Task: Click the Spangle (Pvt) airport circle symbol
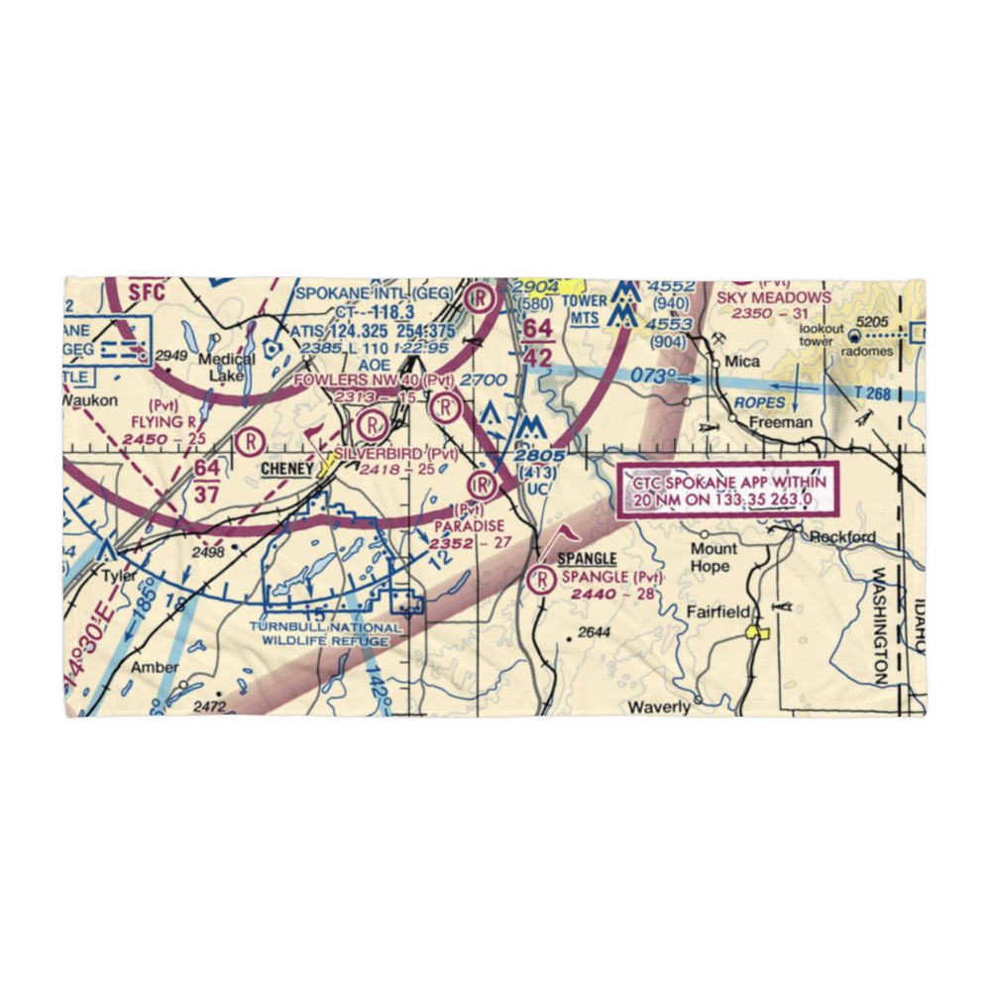(542, 580)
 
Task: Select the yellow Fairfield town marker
(759, 630)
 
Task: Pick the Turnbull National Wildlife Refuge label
(326, 633)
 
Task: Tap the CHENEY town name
(287, 468)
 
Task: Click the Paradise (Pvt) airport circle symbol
(482, 485)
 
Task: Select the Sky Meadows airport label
(789, 297)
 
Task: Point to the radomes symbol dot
(853, 336)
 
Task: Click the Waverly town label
(659, 707)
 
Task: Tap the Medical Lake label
(219, 367)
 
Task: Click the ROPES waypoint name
(759, 403)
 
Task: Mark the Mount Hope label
(714, 557)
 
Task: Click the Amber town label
(156, 667)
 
